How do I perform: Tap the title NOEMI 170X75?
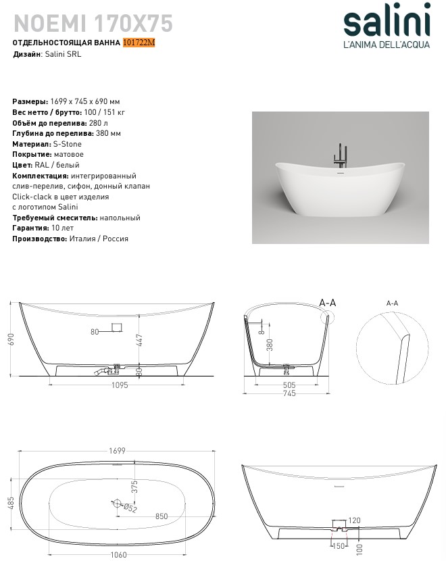[x=93, y=24]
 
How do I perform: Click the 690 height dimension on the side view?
[x=11, y=338]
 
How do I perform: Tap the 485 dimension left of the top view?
[x=11, y=504]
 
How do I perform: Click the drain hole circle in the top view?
[x=117, y=503]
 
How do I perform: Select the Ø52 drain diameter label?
[x=131, y=508]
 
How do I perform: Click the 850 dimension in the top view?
[x=162, y=516]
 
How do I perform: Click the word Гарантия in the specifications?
[x=30, y=228]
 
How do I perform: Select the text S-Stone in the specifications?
[x=68, y=144]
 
